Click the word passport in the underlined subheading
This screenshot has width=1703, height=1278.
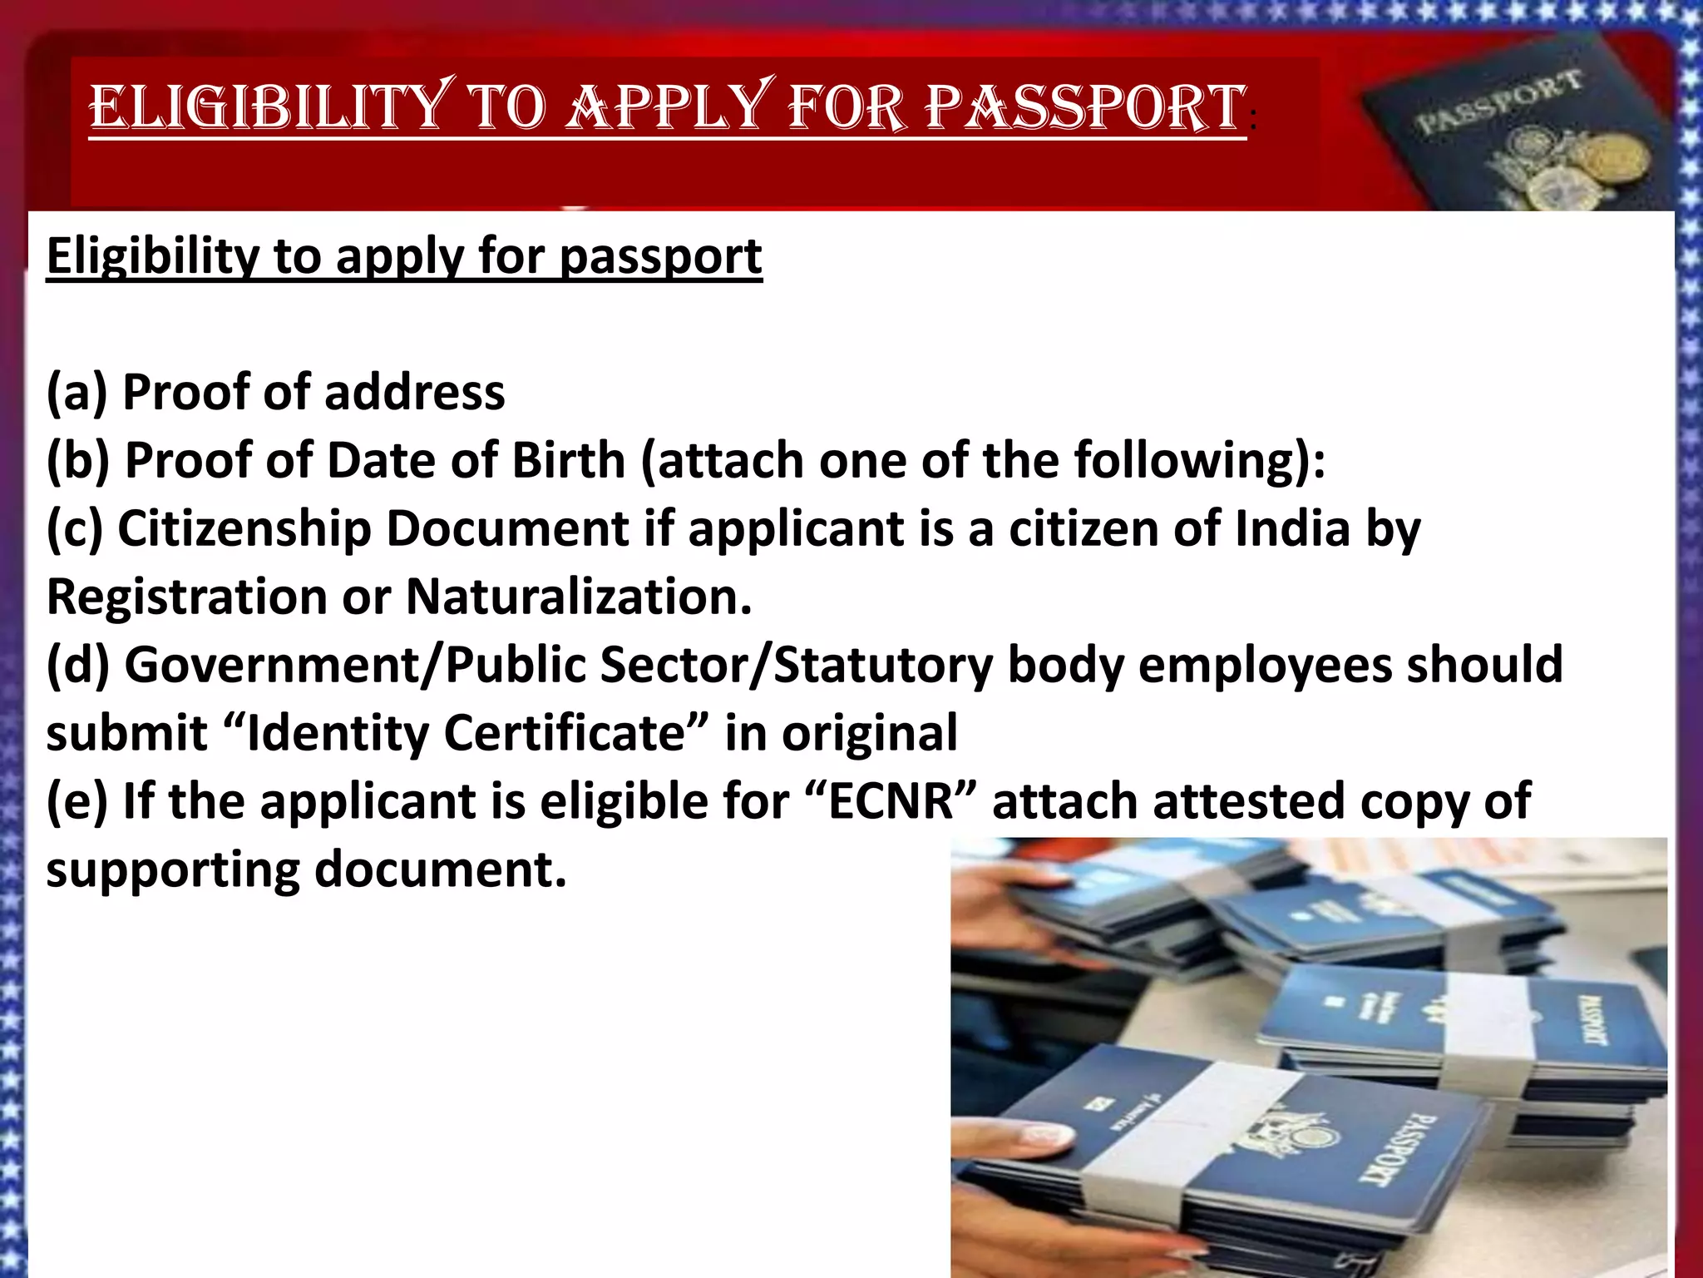[x=660, y=256]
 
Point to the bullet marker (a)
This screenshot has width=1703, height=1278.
[x=77, y=392]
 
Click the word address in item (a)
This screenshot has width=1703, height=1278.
[x=415, y=392]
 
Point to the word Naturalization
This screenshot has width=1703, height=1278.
[x=579, y=597]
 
